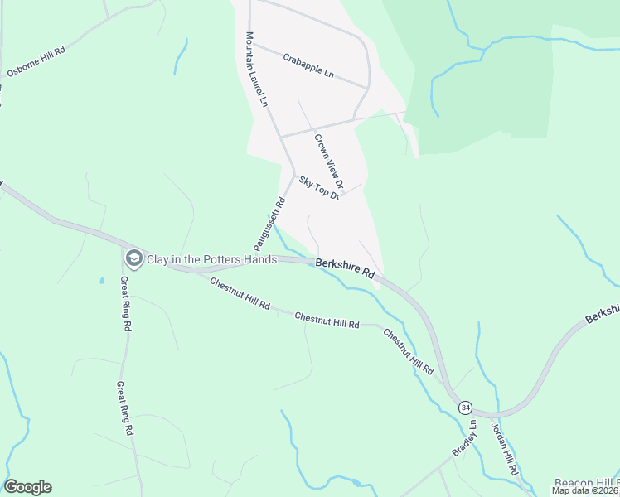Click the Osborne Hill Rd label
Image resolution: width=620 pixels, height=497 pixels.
36,61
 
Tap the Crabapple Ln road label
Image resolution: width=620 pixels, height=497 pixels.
308,66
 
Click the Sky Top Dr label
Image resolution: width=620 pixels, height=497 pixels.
319,188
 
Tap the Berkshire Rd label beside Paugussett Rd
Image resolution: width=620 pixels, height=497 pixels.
346,268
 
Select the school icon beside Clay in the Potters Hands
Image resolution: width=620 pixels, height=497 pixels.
133,258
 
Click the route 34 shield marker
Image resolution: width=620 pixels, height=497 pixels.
467,407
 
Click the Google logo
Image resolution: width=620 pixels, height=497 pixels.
28,487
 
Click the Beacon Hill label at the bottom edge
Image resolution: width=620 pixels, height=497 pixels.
586,482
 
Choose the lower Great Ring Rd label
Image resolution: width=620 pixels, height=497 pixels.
124,408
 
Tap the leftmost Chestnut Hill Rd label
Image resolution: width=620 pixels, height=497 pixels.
240,294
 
